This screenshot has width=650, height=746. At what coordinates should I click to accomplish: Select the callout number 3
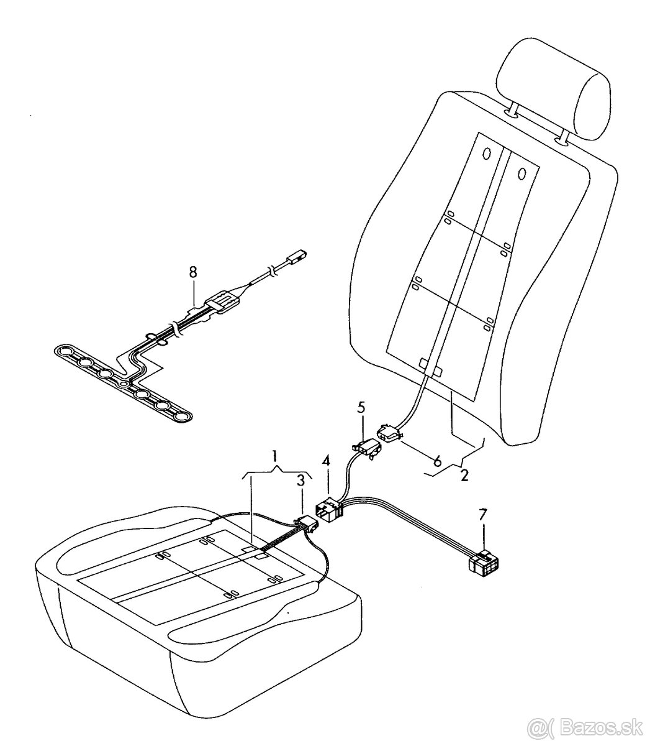300,481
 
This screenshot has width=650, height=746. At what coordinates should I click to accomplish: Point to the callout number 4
326,461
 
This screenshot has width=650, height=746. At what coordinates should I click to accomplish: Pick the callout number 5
361,408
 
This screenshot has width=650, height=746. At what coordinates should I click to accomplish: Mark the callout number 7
482,515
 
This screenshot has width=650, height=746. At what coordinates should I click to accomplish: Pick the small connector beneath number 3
307,525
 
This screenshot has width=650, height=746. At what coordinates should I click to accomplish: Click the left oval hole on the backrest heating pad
485,154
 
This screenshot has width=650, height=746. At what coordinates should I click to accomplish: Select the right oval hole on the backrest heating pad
522,173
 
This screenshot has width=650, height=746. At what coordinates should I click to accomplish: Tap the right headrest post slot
561,141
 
